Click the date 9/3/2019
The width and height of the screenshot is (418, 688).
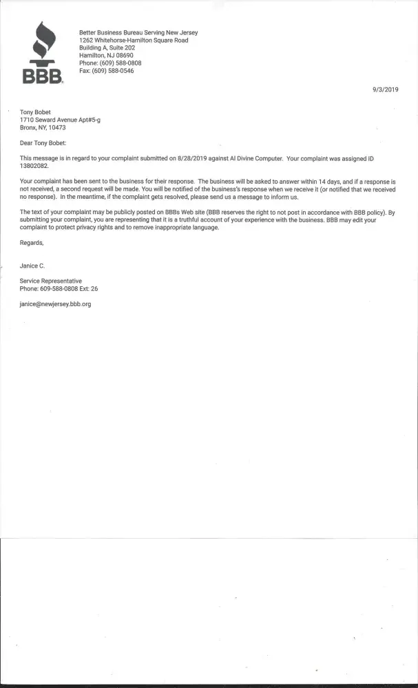tap(386, 89)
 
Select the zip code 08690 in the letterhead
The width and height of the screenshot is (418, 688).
tap(126, 56)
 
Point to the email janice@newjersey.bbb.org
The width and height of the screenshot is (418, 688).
tap(55, 303)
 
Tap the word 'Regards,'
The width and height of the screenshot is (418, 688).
tap(32, 243)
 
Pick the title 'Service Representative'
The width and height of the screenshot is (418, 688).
tap(51, 281)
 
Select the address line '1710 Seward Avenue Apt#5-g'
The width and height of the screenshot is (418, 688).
tap(61, 120)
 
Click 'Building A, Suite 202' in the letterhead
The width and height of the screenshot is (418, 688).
tap(107, 48)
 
